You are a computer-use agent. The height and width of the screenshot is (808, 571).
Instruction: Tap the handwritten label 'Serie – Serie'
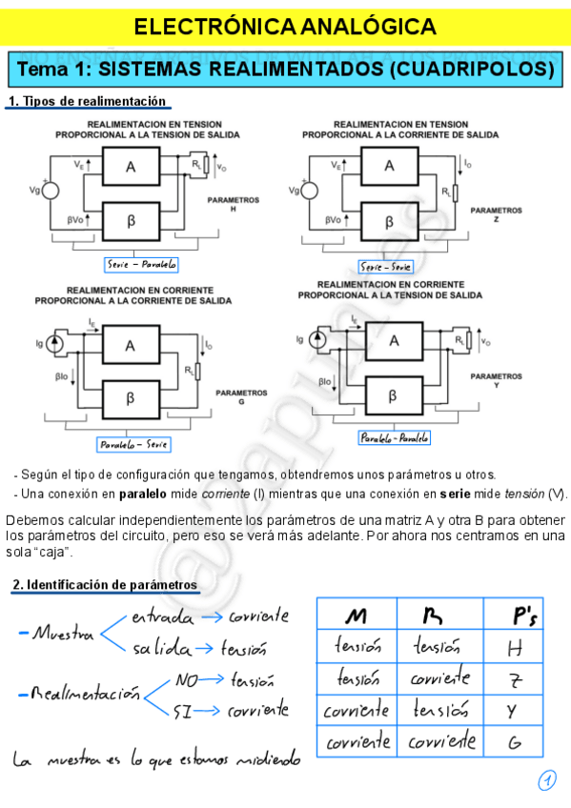pyautogui.click(x=385, y=267)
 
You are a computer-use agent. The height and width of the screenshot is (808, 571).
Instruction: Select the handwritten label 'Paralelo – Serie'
pyautogui.click(x=133, y=445)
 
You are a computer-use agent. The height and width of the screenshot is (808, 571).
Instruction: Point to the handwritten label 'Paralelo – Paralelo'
pyautogui.click(x=394, y=437)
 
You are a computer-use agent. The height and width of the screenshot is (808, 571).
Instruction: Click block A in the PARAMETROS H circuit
pyautogui.click(x=131, y=168)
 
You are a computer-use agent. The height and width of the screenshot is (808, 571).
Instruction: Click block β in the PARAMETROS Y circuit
pyautogui.click(x=392, y=395)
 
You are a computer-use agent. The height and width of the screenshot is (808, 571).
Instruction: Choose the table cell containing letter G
pyautogui.click(x=515, y=740)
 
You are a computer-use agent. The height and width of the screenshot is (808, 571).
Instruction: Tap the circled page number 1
pyautogui.click(x=546, y=781)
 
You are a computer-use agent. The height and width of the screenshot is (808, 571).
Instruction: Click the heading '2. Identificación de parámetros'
pyautogui.click(x=105, y=584)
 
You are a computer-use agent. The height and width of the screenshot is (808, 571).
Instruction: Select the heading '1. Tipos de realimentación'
pyautogui.click(x=87, y=102)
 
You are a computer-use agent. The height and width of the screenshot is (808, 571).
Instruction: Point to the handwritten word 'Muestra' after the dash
pyautogui.click(x=63, y=633)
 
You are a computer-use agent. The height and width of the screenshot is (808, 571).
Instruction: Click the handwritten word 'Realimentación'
pyautogui.click(x=86, y=695)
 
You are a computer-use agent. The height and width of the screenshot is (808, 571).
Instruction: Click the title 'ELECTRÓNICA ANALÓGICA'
pyautogui.click(x=285, y=26)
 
